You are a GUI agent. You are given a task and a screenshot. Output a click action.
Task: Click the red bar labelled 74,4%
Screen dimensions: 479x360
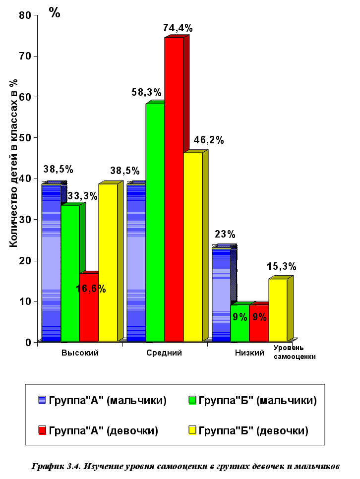point(174,188)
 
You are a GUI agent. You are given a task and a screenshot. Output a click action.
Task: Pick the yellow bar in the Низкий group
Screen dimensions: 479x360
point(278,310)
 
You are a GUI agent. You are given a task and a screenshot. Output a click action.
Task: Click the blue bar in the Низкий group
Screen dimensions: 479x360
point(221,295)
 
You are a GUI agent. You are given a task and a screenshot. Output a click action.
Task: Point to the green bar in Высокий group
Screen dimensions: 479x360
point(70,273)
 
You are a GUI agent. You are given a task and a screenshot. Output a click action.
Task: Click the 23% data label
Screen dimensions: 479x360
point(225,234)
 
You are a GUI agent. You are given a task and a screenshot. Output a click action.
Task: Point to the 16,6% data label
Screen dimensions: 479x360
point(91,289)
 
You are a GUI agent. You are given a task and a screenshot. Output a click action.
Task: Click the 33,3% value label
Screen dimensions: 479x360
point(82,196)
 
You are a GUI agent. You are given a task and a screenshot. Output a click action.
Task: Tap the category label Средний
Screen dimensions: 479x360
point(164,353)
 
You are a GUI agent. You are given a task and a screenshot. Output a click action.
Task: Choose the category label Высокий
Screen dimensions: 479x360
point(80,353)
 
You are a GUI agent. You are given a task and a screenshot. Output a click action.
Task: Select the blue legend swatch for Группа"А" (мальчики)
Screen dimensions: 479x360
point(43,401)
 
